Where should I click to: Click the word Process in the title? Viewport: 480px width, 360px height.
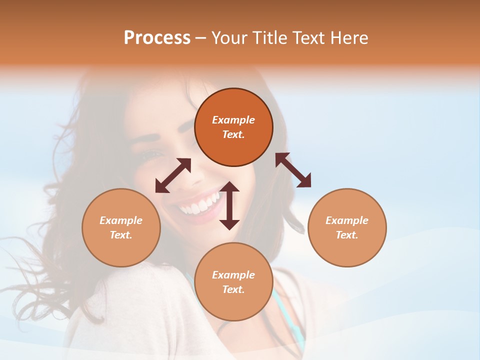click(157, 38)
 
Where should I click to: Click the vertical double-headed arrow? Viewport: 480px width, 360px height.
click(229, 205)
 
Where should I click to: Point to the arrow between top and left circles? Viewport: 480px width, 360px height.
click(173, 175)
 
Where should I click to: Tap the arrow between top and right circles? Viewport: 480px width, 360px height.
click(293, 170)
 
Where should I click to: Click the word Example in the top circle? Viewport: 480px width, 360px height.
click(233, 120)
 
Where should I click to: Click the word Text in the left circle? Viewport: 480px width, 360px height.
click(121, 235)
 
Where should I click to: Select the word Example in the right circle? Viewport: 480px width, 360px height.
click(347, 220)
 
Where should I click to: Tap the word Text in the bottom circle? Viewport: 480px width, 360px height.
click(233, 289)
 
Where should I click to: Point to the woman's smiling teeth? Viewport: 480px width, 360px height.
click(200, 204)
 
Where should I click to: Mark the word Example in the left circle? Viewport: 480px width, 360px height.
click(121, 220)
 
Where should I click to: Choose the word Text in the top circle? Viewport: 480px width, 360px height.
click(233, 134)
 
